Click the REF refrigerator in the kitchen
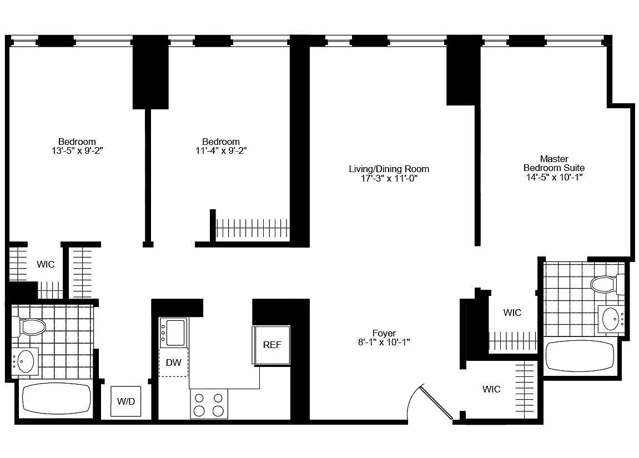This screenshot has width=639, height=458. point(271,345)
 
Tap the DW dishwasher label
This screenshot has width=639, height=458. point(174,363)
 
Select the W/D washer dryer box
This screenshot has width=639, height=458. point(126,401)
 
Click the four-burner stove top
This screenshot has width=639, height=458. point(209,404)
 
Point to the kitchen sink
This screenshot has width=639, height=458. point(174,333)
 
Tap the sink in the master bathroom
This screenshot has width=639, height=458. point(611,319)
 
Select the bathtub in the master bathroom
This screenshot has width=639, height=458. point(580,356)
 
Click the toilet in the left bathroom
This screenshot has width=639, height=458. point(28,326)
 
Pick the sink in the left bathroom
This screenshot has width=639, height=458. point(25,361)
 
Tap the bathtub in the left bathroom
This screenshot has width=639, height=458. point(56,398)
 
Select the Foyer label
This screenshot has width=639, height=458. point(384,333)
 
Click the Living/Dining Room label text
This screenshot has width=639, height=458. point(389,169)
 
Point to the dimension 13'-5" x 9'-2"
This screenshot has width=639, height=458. point(77,151)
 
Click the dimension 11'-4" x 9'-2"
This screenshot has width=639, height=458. point(221,151)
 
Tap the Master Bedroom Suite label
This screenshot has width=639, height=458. point(554,163)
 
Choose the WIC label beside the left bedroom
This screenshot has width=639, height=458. point(46,264)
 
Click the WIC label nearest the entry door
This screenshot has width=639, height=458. point(491,389)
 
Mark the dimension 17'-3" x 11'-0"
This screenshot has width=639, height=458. point(389,178)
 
